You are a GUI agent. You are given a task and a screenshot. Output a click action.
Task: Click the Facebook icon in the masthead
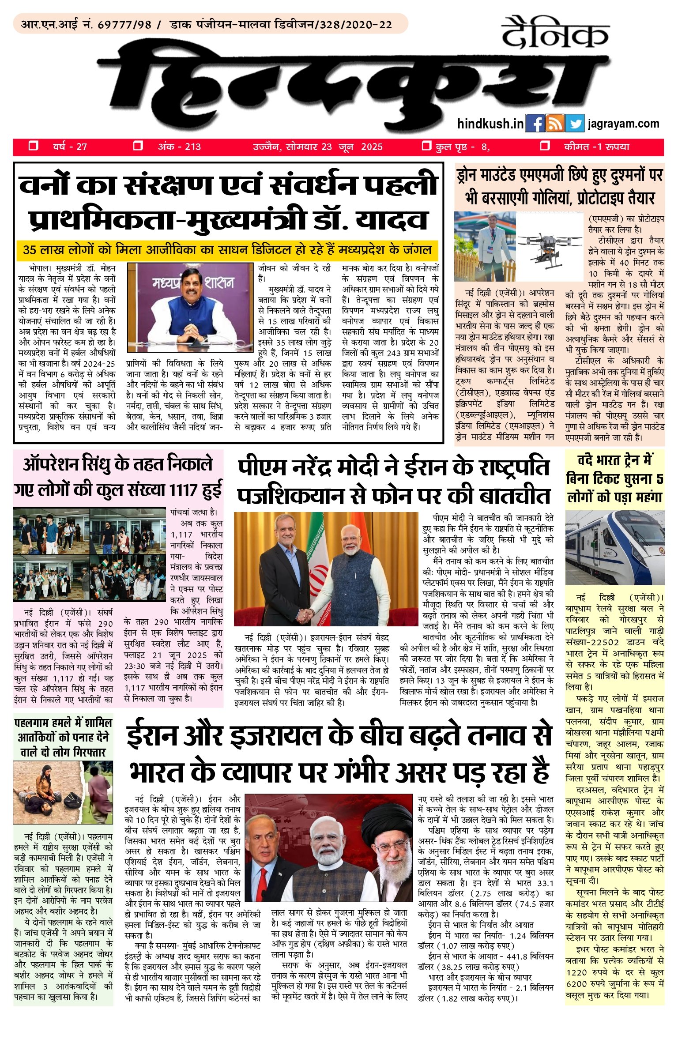535,124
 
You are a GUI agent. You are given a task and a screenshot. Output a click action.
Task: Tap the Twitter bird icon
574,124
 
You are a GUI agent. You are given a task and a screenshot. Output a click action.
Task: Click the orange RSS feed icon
554,124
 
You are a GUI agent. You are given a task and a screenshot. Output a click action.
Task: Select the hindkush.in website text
490,124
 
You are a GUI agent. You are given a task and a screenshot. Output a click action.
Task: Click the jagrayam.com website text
623,124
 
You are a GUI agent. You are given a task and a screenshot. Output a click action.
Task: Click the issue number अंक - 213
179,147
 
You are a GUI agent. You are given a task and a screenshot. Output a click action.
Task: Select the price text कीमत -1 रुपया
596,147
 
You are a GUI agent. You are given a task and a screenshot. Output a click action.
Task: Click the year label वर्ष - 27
70,147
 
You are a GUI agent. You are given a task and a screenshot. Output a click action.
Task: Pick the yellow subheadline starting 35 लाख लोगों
227,250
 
